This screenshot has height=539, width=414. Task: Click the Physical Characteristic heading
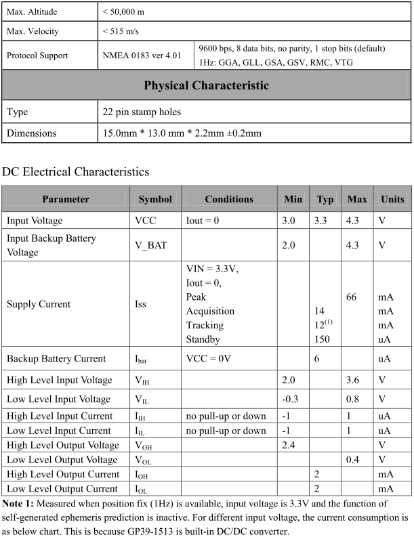pyautogui.click(x=207, y=86)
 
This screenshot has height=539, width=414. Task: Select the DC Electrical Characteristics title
pyautogui.click(x=76, y=172)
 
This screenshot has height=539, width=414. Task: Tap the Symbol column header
pyautogui.click(x=155, y=199)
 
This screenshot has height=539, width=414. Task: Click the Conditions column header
pyautogui.click(x=229, y=199)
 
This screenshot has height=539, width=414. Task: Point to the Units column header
pyautogui.click(x=392, y=199)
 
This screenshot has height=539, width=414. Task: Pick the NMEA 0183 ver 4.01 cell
pyautogui.click(x=142, y=56)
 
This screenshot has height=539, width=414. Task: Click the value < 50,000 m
pyautogui.click(x=123, y=12)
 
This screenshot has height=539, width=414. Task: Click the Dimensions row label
pyautogui.click(x=31, y=133)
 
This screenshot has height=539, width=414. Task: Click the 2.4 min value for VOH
pyautogui.click(x=290, y=446)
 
